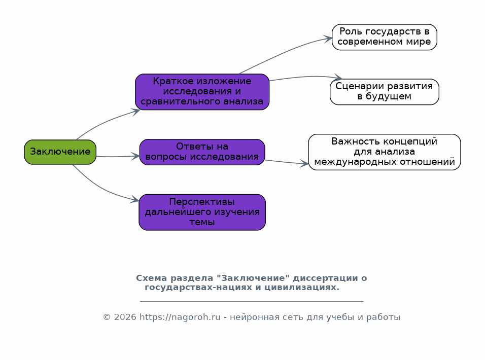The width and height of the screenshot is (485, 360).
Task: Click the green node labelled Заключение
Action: (60, 152)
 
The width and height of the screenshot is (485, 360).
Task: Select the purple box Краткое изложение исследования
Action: (202, 92)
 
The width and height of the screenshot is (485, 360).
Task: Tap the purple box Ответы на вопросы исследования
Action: (202, 152)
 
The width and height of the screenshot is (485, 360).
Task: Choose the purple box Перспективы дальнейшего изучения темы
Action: (202, 212)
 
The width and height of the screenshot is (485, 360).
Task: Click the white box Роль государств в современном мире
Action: (384, 37)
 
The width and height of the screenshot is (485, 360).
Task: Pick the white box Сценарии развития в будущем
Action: (384, 92)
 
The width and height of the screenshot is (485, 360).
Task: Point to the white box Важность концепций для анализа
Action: (384, 152)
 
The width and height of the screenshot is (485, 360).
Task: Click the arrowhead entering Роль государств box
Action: (328, 39)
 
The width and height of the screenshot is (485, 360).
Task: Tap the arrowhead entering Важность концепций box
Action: (304, 164)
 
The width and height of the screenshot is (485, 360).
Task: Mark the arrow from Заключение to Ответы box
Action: (117, 157)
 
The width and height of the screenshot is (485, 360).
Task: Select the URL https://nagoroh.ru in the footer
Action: (180, 317)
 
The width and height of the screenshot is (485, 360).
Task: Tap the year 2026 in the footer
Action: (125, 317)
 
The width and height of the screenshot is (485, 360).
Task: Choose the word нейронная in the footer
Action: (252, 317)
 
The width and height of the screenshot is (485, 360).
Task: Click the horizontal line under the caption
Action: (252, 301)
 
